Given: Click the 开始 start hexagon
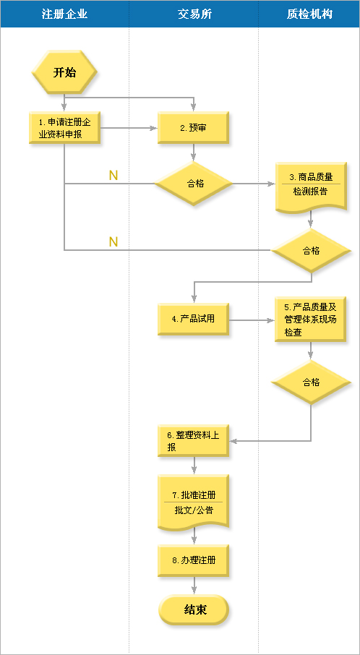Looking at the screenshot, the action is pyautogui.click(x=64, y=72).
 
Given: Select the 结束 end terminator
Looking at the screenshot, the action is pyautogui.click(x=194, y=610).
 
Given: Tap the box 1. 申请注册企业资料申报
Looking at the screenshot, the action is pyautogui.click(x=64, y=128).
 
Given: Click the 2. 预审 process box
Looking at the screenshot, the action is pyautogui.click(x=193, y=128).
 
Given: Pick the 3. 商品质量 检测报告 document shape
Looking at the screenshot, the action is pyautogui.click(x=310, y=188).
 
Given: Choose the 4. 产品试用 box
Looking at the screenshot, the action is pyautogui.click(x=193, y=319).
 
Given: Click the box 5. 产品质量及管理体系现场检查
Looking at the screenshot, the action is pyautogui.click(x=310, y=319).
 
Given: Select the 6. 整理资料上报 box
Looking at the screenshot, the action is pyautogui.click(x=193, y=441).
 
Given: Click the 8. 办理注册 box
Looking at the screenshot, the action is pyautogui.click(x=193, y=560).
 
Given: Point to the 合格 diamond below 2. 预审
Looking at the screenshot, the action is pyautogui.click(x=193, y=184).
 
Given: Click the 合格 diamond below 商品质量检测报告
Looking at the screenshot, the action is pyautogui.click(x=311, y=251).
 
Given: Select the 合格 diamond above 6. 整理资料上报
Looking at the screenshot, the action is pyautogui.click(x=311, y=382).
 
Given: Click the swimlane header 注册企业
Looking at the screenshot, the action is pyautogui.click(x=64, y=14).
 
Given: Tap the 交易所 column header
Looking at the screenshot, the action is pyautogui.click(x=195, y=14).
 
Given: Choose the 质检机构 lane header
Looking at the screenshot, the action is pyautogui.click(x=309, y=14).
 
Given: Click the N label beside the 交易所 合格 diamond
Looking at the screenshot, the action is pyautogui.click(x=113, y=176).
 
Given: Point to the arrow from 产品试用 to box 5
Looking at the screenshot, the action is pyautogui.click(x=252, y=320).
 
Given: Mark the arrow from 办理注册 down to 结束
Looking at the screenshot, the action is pyautogui.click(x=194, y=586).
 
